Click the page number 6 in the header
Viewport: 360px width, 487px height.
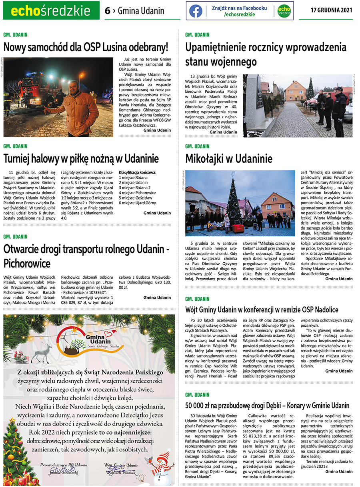pyautogui.click(x=107, y=11)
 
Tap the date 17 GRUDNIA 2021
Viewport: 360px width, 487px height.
pyautogui.click(x=332, y=10)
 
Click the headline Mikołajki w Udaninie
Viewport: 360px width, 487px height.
pyautogui.click(x=229, y=159)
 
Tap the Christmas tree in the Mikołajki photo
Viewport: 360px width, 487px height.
pyautogui.click(x=234, y=204)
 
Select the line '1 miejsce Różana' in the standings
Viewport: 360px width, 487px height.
pyautogui.click(x=133, y=177)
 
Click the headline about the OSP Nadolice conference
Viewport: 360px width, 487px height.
pyautogui.click(x=262, y=309)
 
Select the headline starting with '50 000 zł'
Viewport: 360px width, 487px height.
pyautogui.click(x=267, y=405)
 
